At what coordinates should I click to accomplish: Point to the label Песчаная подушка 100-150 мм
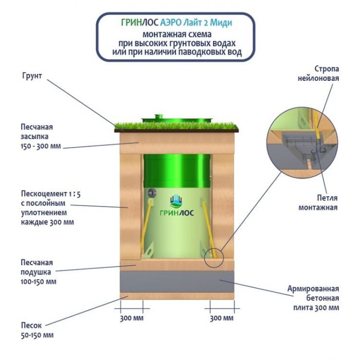point(37,272)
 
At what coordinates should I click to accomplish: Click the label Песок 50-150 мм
point(37,330)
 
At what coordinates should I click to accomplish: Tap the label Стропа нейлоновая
point(327,73)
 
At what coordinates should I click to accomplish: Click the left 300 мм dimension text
point(132,318)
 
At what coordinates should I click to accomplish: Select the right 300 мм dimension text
point(222,318)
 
